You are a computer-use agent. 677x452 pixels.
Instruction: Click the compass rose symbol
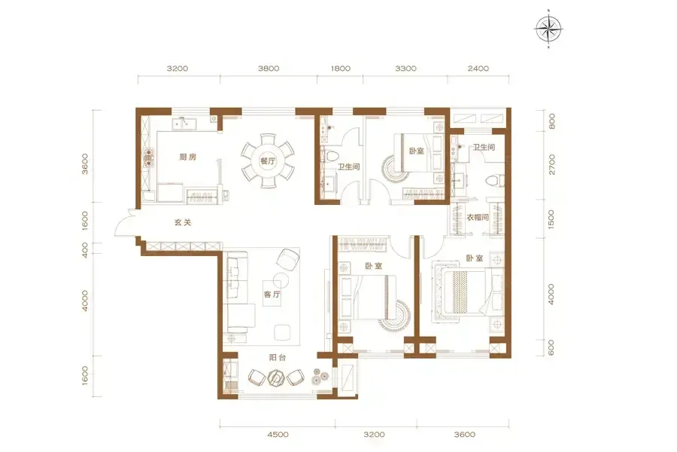[548, 29]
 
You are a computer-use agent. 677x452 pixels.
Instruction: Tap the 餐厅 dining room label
[268, 161]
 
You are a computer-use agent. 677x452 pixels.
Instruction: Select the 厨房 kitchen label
[188, 157]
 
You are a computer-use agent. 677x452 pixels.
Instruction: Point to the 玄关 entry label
[183, 223]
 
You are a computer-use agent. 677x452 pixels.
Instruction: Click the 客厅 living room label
[272, 294]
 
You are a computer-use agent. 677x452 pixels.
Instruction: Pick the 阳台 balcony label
[277, 358]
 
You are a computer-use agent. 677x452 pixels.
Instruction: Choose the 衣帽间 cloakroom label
[478, 217]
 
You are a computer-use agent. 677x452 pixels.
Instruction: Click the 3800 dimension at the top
[269, 69]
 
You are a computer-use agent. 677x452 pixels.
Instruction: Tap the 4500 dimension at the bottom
[278, 434]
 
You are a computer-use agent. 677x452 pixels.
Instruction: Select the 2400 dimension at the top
[478, 69]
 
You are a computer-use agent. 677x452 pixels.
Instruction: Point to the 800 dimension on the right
[551, 121]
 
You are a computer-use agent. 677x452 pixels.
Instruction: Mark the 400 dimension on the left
[84, 250]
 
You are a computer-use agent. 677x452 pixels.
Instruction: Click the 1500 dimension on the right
[551, 219]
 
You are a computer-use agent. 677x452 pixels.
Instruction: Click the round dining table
[268, 161]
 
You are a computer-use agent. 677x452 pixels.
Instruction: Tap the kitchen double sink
[184, 124]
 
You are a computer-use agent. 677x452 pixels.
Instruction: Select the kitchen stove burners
[148, 158]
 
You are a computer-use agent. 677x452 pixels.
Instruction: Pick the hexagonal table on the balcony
[275, 377]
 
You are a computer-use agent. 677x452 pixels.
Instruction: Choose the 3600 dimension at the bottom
[465, 434]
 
